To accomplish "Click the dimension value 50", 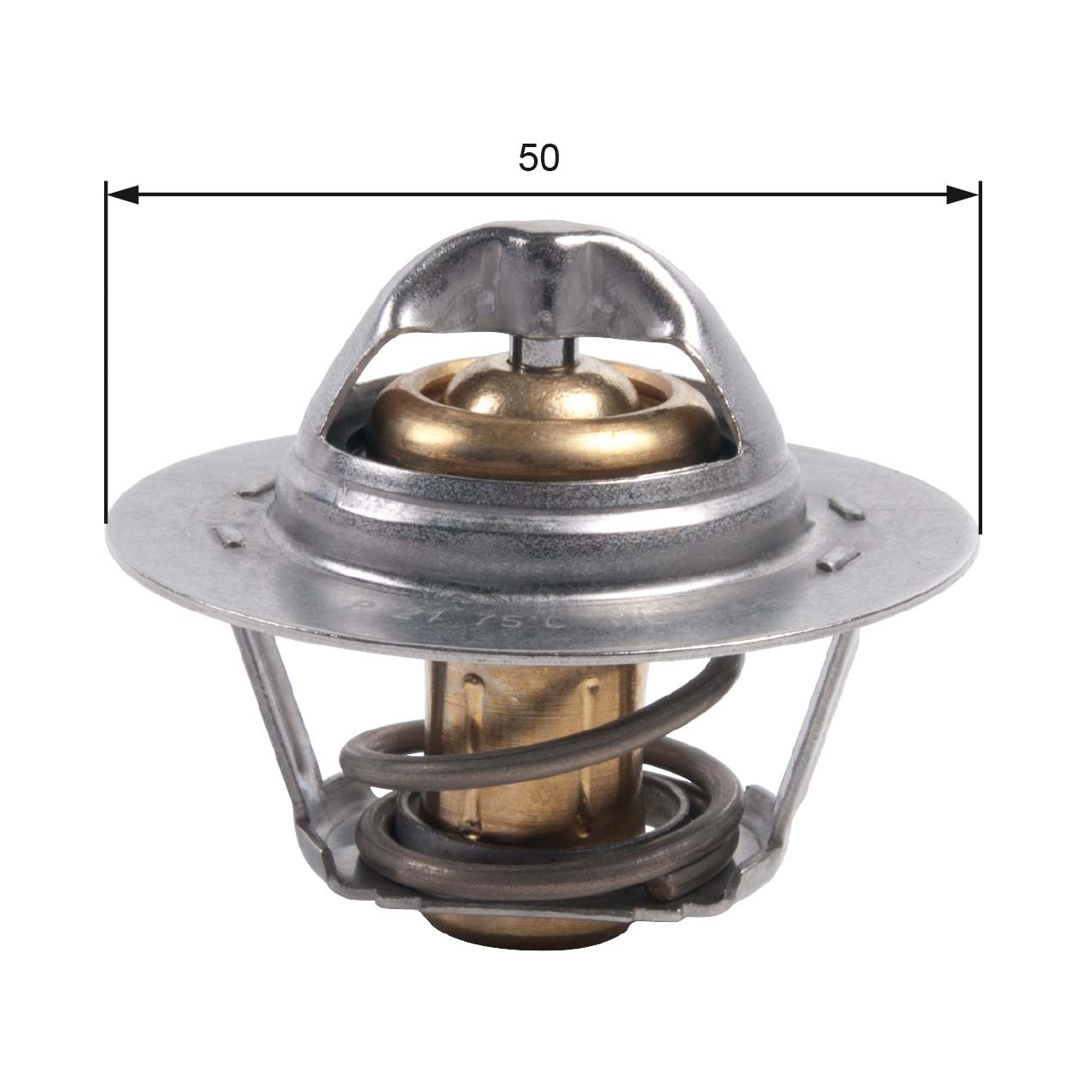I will coord(539,157).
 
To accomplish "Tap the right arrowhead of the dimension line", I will coord(962,195).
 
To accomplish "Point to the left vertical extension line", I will coord(106,361).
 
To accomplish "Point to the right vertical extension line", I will coord(979,361).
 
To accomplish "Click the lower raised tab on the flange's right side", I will coord(838,560).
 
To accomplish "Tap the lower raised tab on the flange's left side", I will coord(229,537).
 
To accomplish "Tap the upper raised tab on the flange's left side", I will coord(255,488).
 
